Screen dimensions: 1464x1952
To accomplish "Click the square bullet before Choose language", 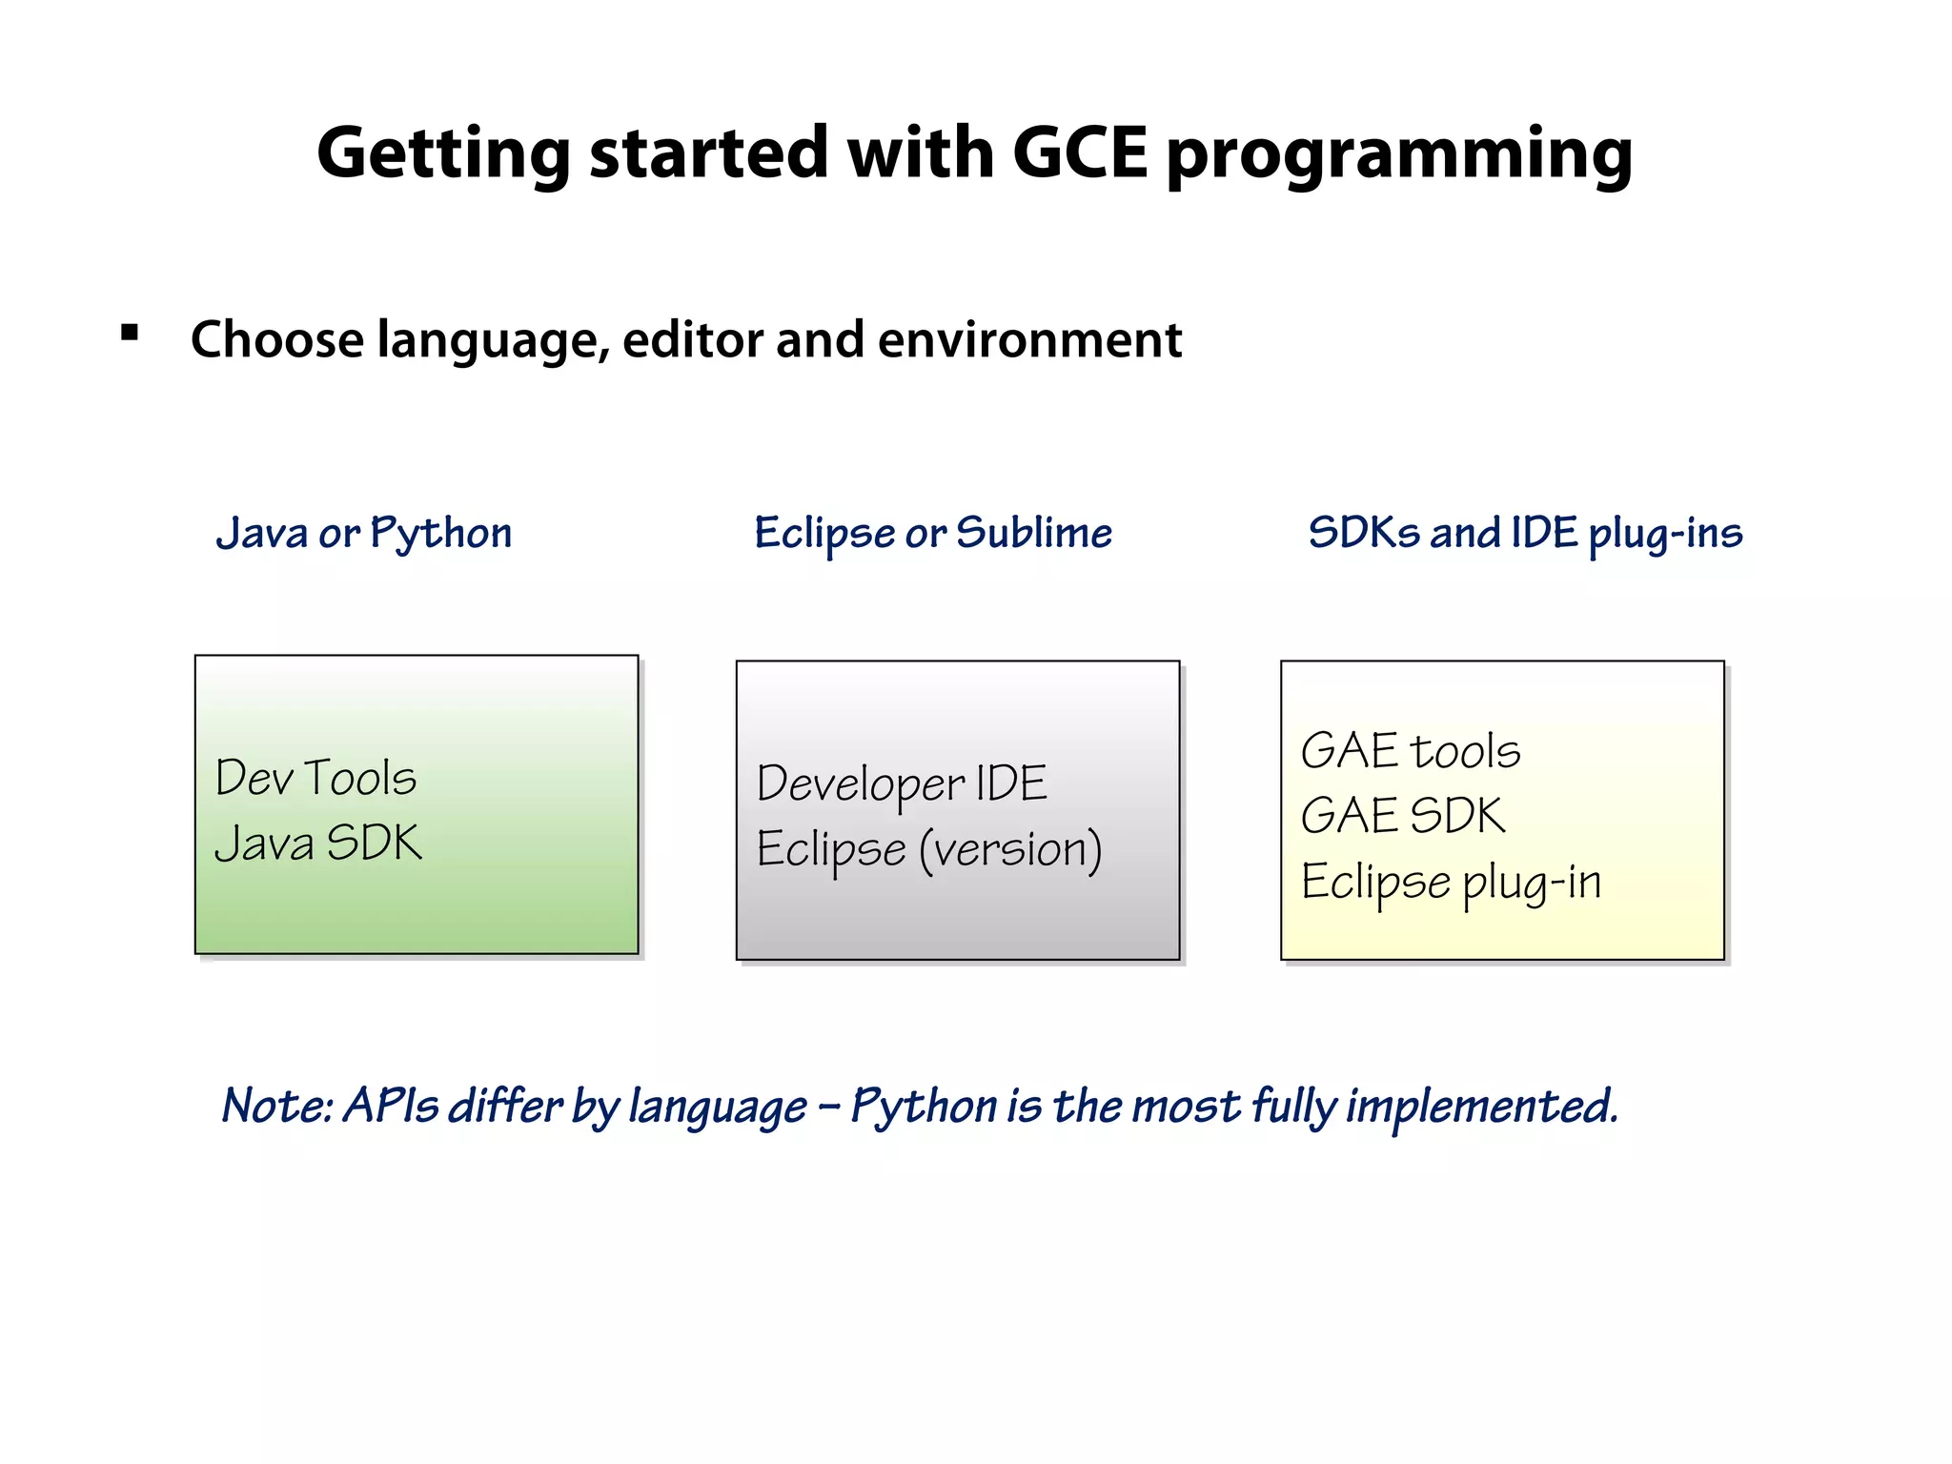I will [130, 333].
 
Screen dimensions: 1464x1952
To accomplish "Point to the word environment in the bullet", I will [1029, 340].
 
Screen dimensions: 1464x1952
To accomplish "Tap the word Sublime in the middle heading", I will [1034, 533].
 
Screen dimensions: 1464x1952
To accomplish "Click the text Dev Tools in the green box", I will [315, 778].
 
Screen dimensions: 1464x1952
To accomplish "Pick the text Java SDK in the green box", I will [318, 844].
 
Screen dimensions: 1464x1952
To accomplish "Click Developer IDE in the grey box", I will [902, 785].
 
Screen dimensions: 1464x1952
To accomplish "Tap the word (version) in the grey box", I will [1010, 849].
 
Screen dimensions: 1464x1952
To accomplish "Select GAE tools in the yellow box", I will [1411, 751].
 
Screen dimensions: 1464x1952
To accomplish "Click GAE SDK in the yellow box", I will [1403, 816].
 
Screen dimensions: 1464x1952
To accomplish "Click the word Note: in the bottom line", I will [277, 1107].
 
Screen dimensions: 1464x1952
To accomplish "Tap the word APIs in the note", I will [391, 1107].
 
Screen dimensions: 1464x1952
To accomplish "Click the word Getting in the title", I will [443, 154].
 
